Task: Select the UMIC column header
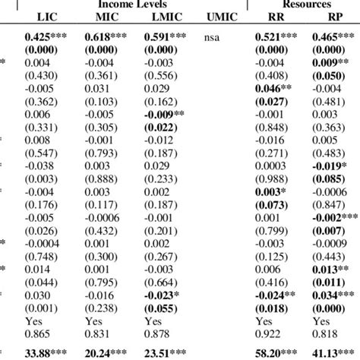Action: click(219, 17)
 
